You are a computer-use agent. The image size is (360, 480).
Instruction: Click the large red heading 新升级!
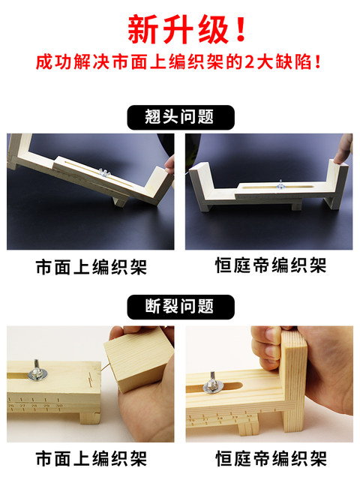(x=180, y=29)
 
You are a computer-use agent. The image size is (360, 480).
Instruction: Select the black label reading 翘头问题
(x=180, y=117)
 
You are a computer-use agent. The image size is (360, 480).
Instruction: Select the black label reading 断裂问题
(x=180, y=307)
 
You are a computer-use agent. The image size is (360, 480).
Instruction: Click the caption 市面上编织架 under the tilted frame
(x=91, y=268)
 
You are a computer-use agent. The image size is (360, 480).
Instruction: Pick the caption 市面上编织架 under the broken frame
(x=91, y=457)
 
